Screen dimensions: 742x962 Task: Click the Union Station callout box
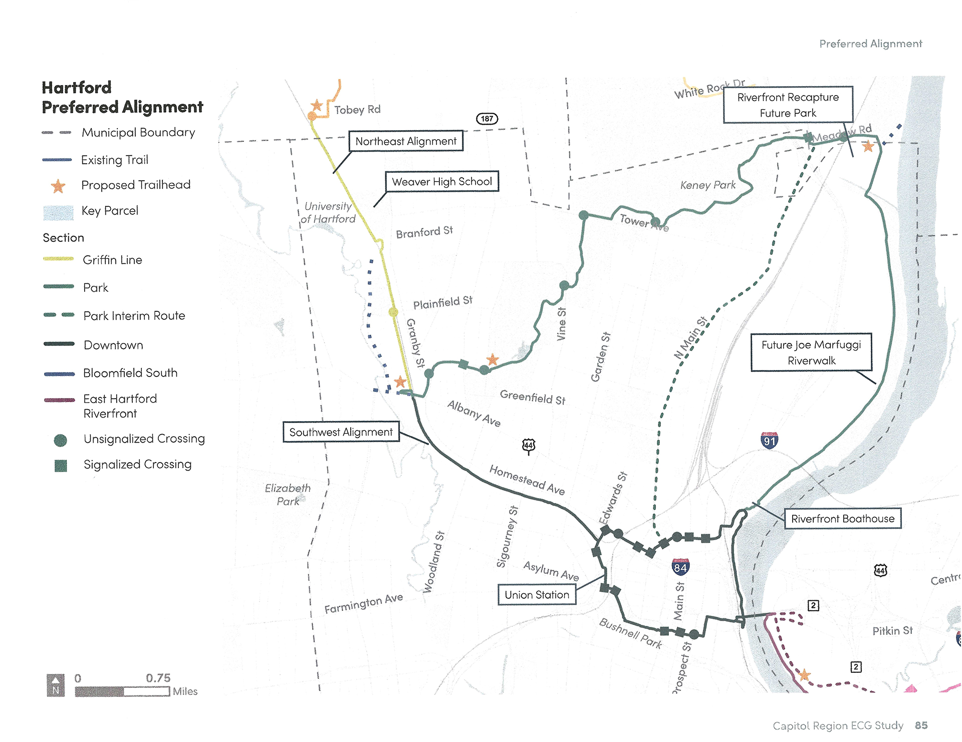537,595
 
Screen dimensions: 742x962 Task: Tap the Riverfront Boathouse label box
842,519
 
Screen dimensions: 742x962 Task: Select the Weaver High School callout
442,182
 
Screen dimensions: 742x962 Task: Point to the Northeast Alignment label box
406,141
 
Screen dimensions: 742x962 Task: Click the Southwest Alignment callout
341,432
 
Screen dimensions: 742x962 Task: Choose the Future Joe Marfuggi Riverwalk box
811,352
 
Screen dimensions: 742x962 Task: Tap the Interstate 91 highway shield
769,441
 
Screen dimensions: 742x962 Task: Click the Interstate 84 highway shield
680,567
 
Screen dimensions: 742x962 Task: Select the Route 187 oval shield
487,119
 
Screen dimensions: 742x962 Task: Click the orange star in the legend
58,186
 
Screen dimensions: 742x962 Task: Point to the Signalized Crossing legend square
61,466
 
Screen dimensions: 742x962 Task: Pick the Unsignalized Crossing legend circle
61,440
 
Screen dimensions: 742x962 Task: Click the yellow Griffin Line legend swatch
59,259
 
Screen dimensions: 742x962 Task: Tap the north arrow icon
56,685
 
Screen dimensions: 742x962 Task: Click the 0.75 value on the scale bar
158,678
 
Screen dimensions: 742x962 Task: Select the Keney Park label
707,185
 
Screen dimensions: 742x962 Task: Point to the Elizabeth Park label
288,494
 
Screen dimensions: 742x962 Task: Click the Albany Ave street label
473,414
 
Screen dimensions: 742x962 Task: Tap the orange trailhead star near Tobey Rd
317,106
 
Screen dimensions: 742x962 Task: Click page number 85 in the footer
921,725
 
